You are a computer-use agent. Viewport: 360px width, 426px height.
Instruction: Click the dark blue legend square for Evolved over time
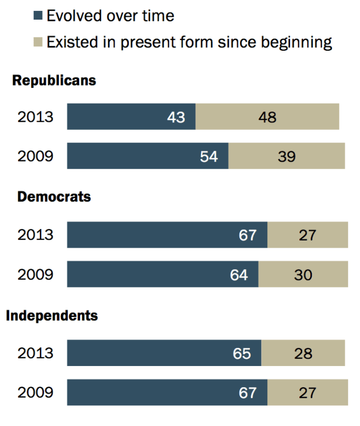click(38, 16)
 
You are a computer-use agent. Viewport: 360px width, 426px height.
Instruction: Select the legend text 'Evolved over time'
click(110, 16)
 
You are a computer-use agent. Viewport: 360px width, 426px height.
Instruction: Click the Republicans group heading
click(54, 81)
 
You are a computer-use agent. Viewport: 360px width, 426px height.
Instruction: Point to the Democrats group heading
click(54, 197)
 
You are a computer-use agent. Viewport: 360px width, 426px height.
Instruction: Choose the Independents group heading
click(52, 315)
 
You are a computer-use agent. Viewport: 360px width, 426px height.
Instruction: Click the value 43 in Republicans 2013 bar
click(176, 117)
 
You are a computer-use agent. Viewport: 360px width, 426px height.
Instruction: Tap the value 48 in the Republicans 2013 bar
click(267, 117)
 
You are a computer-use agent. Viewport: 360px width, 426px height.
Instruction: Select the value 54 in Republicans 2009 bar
click(208, 157)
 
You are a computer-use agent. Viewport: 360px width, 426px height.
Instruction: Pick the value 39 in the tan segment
click(286, 157)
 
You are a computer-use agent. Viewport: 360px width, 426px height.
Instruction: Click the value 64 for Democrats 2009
click(239, 274)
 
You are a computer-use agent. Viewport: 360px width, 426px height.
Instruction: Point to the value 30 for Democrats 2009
click(303, 274)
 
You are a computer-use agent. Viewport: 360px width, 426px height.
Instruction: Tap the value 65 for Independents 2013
click(242, 353)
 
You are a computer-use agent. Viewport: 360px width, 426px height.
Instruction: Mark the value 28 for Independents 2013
click(303, 353)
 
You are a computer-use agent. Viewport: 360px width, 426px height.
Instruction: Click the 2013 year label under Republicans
click(35, 117)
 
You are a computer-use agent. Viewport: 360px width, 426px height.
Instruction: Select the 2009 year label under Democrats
click(35, 274)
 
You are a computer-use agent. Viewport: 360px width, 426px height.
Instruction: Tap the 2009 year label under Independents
click(35, 393)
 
